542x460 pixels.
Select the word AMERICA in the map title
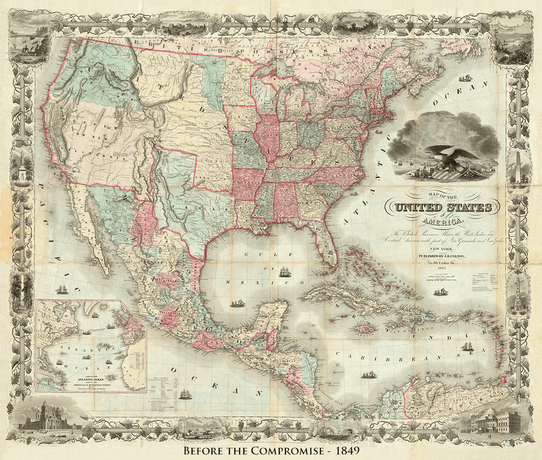pos(446,221)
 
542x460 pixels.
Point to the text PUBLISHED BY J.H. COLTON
pos(446,256)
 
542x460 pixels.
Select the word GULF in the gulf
pos(248,255)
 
